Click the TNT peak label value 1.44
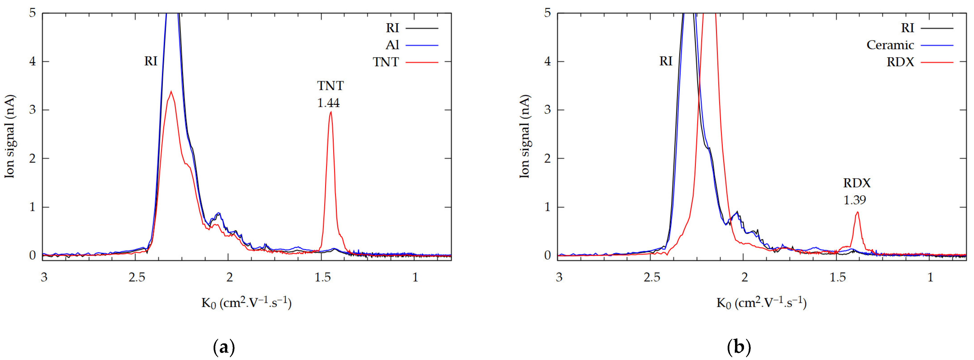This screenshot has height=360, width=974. (328, 103)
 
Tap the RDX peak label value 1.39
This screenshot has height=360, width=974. (855, 200)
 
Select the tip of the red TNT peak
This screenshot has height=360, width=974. (331, 112)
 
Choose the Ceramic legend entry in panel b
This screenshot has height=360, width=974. (890, 45)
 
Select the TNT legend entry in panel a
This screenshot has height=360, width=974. (386, 62)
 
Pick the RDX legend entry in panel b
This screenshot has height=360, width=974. (900, 62)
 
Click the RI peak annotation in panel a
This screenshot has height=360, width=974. (150, 61)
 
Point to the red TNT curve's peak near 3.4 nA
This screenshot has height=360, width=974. (171, 92)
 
